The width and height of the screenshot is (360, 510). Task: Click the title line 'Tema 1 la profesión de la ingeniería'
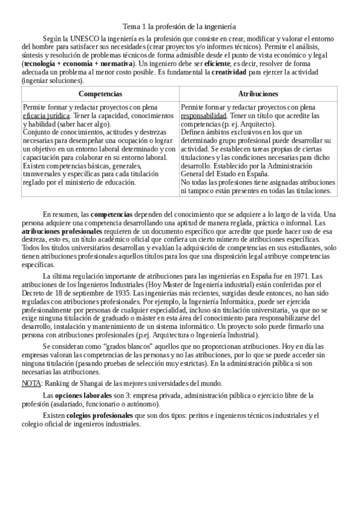(x=179, y=26)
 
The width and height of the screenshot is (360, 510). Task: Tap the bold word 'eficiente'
(x=217, y=63)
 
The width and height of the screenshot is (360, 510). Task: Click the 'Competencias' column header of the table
(x=100, y=94)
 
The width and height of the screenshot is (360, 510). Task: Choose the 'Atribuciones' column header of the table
(x=258, y=94)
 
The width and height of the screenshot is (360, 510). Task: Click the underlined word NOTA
(x=31, y=383)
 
